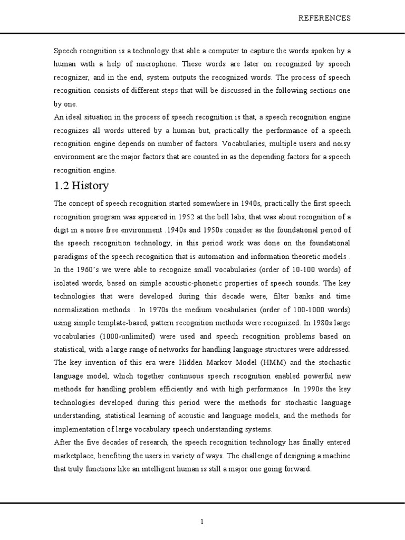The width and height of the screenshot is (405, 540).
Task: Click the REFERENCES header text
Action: [324, 18]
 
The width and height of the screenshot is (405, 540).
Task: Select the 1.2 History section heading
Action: [81, 186]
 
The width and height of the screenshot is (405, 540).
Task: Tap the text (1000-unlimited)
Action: [122, 336]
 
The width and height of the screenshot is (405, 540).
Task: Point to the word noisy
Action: [339, 144]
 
